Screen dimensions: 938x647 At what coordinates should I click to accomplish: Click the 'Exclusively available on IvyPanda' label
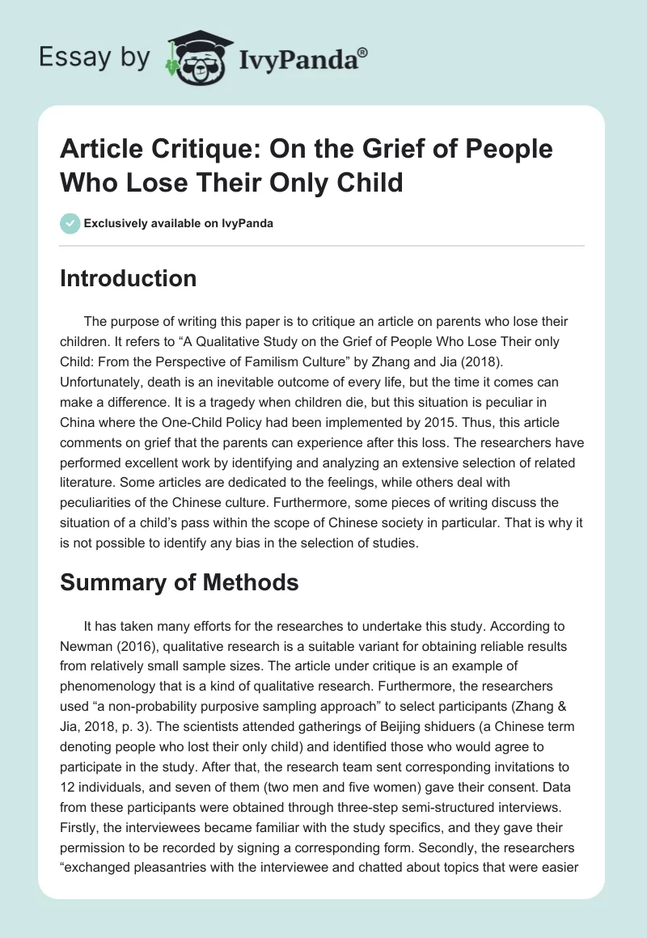point(178,223)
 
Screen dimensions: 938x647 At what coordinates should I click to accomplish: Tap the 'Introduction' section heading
point(128,278)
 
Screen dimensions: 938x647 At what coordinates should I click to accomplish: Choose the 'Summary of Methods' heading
point(180,581)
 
